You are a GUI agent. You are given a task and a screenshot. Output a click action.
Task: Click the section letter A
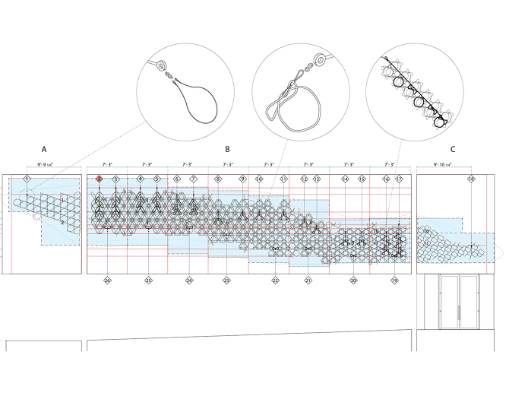44,151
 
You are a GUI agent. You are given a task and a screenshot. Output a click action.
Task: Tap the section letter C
454,151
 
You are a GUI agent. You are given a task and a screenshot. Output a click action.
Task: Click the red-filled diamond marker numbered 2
99,179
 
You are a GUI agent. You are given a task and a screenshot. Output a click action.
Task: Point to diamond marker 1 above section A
27,178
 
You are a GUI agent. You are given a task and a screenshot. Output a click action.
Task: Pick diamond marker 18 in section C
471,179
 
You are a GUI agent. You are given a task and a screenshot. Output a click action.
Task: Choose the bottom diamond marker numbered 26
107,280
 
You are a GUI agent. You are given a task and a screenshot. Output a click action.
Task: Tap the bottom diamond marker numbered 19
394,280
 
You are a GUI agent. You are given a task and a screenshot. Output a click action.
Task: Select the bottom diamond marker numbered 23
227,280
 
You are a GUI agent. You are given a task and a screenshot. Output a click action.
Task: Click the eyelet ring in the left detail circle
161,67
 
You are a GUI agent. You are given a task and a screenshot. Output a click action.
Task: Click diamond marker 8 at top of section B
218,179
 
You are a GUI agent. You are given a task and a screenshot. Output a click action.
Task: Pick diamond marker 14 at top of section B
346,179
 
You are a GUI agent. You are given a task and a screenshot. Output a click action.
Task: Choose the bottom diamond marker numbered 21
308,280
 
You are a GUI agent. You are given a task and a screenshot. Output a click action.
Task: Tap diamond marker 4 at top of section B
140,179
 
